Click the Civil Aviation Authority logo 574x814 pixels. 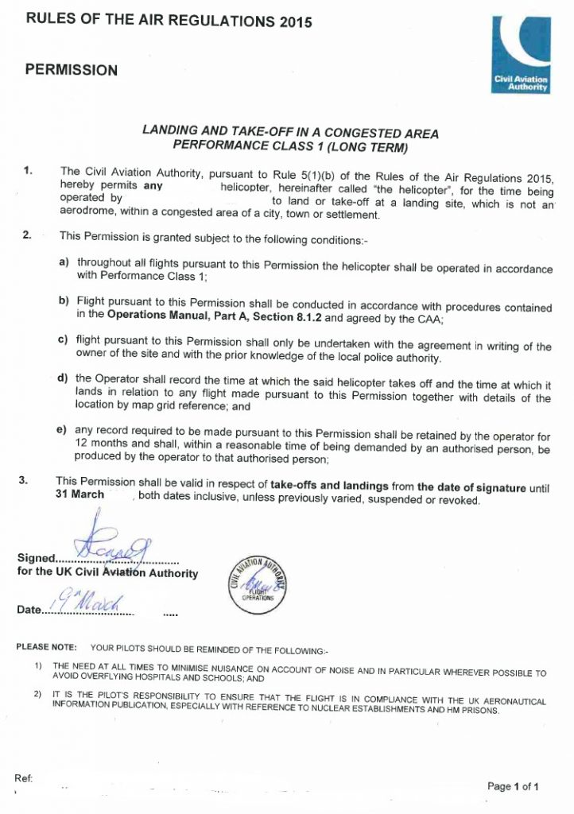[522, 56]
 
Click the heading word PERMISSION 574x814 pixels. [72, 70]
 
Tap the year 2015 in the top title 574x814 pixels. [290, 21]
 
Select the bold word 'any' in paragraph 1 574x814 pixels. [153, 187]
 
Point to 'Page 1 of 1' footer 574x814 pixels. [514, 786]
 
